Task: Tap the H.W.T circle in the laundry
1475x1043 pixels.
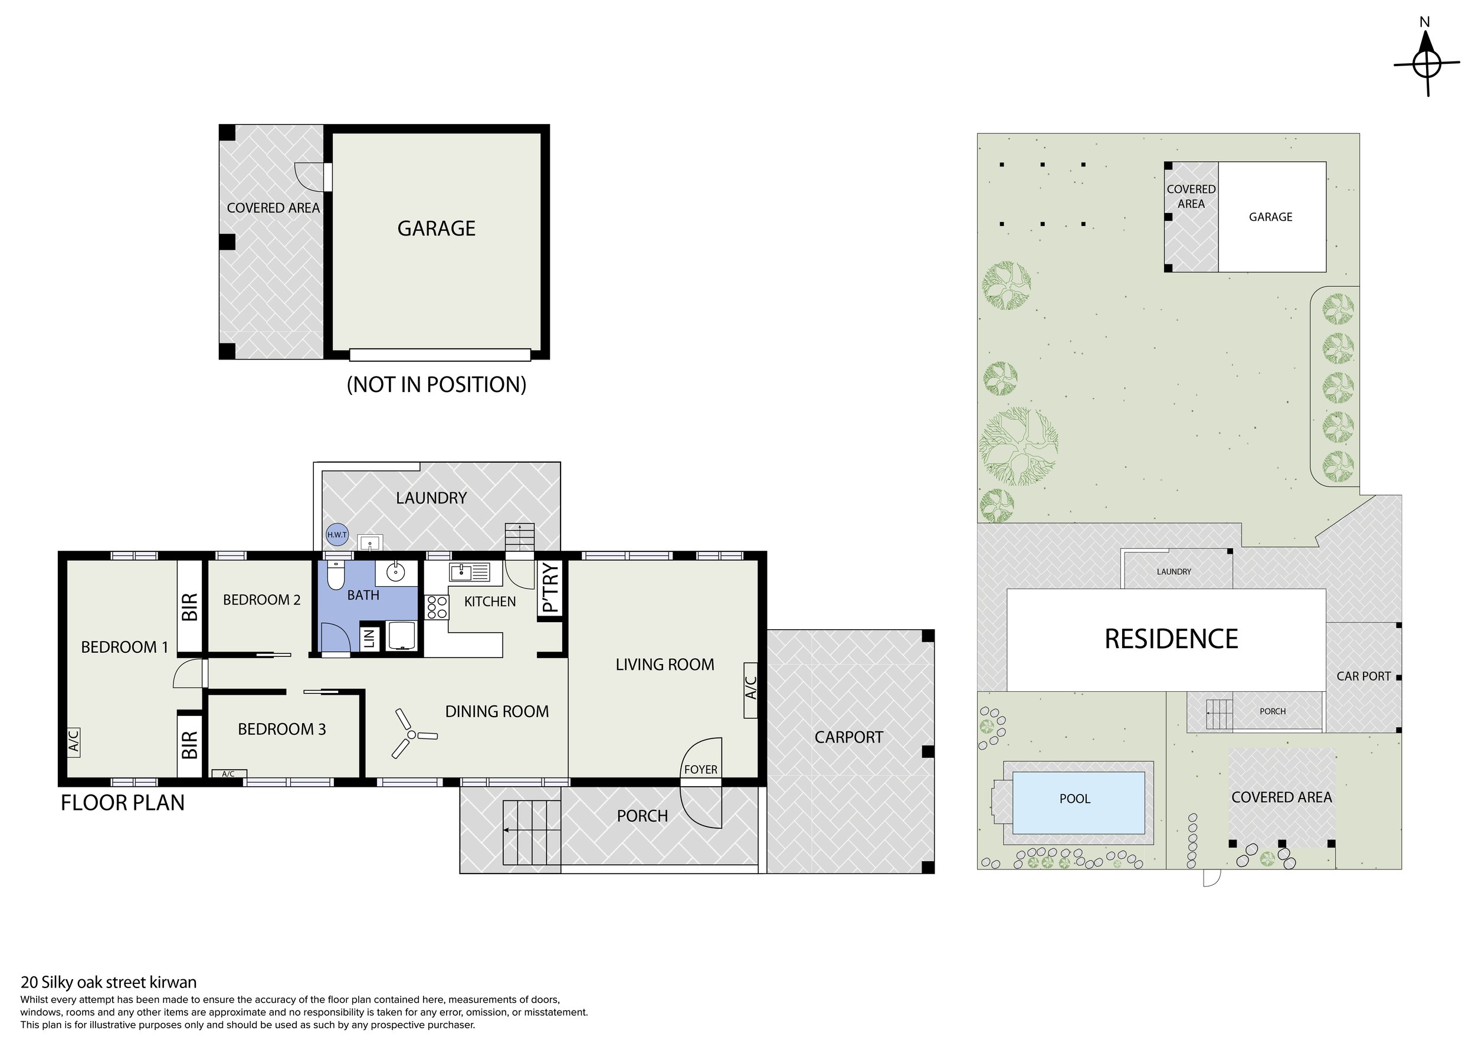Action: [337, 535]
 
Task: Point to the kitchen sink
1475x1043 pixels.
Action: [470, 571]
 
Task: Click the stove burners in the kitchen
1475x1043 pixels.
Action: [437, 607]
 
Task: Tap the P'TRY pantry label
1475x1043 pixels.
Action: [550, 587]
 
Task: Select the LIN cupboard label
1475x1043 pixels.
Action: [369, 638]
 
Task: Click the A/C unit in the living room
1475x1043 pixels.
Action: [750, 689]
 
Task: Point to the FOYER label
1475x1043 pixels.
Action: [700, 769]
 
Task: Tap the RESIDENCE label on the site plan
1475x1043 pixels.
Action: [1171, 639]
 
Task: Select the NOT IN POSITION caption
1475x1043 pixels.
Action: [436, 384]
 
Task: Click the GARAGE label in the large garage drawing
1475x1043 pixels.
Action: [436, 228]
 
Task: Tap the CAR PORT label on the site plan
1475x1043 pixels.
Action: [1363, 676]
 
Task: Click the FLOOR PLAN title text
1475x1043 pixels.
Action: [123, 803]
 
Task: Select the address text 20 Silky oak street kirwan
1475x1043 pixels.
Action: [109, 982]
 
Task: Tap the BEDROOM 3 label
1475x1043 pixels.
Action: [281, 729]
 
